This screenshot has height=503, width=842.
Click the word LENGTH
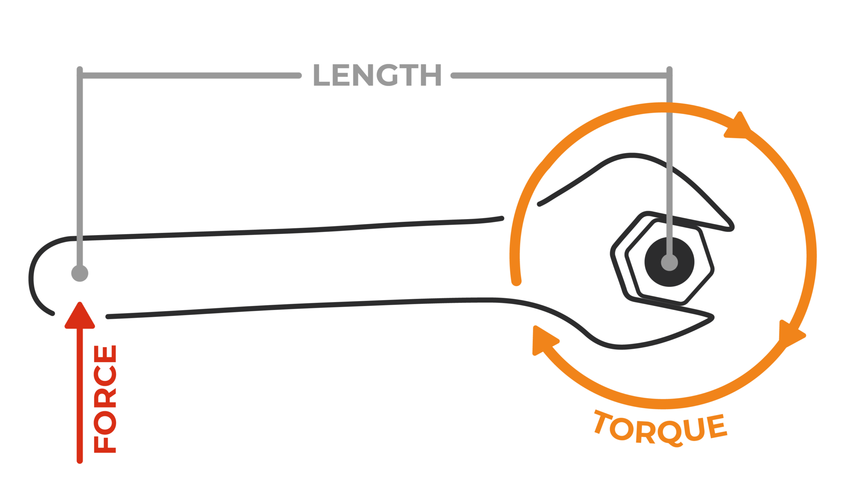coord(377,76)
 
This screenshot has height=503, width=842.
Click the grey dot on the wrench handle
coord(80,273)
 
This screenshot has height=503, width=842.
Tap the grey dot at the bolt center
coord(669,262)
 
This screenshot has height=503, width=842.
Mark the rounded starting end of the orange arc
coord(516,281)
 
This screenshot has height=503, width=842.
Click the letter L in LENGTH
coord(322,76)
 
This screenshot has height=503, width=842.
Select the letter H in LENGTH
coord(430,76)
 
